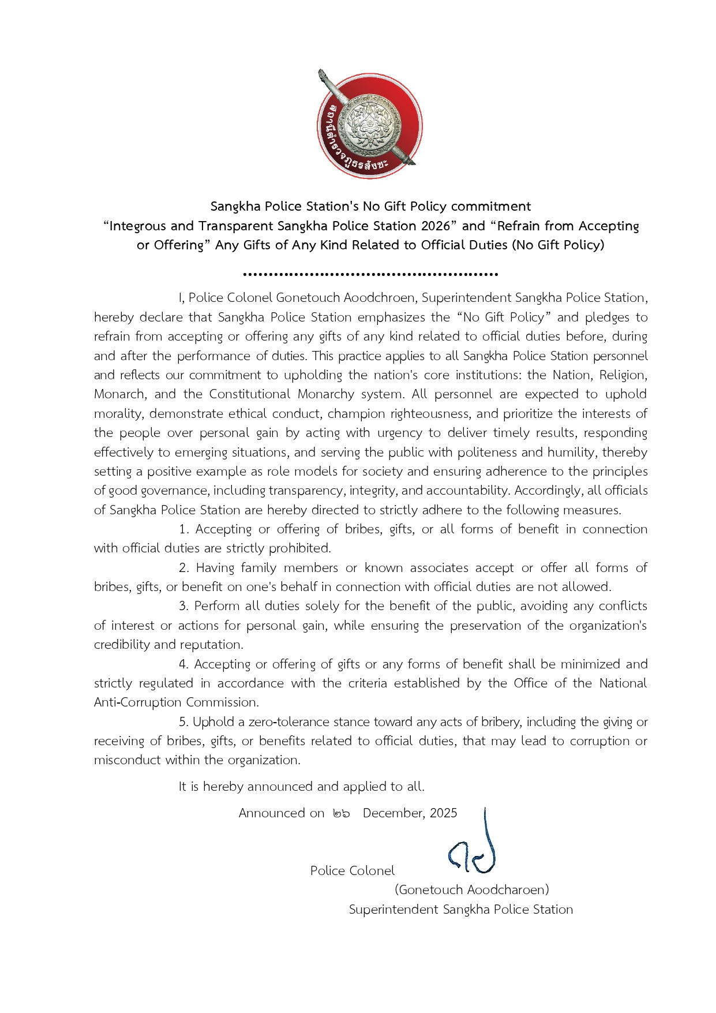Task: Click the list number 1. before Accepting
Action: coord(184,529)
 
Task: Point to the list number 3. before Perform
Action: coord(184,606)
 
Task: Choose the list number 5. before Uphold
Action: coord(184,722)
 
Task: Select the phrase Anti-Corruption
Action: coord(138,702)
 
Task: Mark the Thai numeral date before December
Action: coord(341,813)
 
